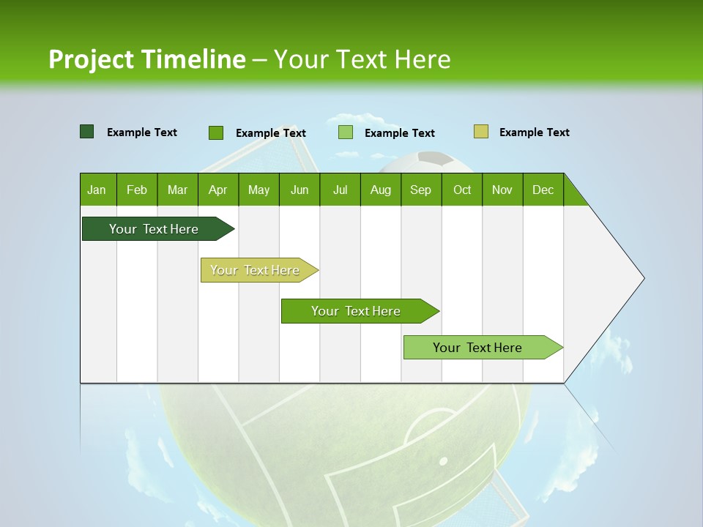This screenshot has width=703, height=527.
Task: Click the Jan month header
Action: click(x=97, y=190)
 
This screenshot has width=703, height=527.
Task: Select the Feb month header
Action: click(x=137, y=190)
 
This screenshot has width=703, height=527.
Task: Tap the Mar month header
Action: click(x=177, y=190)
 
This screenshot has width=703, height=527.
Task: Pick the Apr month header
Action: click(x=218, y=190)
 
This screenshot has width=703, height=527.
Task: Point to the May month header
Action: click(x=258, y=190)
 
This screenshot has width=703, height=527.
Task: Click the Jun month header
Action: click(x=300, y=190)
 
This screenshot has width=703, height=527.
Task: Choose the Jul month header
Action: click(x=340, y=190)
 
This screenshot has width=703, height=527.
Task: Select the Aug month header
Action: click(x=381, y=190)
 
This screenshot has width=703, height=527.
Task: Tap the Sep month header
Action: click(x=421, y=190)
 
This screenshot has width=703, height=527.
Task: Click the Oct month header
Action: click(x=462, y=190)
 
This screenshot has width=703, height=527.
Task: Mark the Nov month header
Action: click(x=502, y=190)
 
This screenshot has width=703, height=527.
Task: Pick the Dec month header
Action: click(x=543, y=190)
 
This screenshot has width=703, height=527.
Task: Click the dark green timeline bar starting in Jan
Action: click(x=155, y=229)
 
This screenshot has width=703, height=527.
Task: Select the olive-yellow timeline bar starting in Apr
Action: click(x=256, y=270)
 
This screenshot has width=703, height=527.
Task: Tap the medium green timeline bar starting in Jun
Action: click(x=357, y=311)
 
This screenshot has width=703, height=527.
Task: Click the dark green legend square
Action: click(x=87, y=132)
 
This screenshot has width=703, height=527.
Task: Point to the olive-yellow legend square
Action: click(x=481, y=132)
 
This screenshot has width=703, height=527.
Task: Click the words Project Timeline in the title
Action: click(x=147, y=59)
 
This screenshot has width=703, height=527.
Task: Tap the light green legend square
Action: click(x=346, y=132)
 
